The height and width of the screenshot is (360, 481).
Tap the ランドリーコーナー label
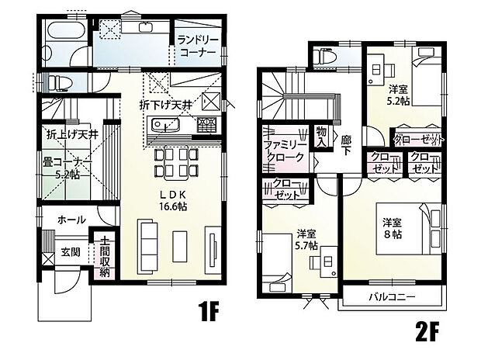point(198,46)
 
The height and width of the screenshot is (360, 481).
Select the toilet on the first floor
point(60,83)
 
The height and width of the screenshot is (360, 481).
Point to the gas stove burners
point(207,125)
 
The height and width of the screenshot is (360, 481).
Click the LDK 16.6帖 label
point(173,200)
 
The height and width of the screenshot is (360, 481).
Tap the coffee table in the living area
point(180,247)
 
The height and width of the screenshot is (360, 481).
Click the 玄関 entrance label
point(71,252)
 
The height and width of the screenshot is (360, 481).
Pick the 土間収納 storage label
point(104,256)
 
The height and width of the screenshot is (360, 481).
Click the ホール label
point(71,220)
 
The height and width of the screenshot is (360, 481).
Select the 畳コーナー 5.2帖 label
point(67,168)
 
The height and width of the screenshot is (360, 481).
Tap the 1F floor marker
point(209,311)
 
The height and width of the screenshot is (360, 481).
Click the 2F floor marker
point(427,331)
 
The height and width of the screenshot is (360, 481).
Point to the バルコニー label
point(392,297)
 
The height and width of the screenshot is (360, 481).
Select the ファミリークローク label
point(285,151)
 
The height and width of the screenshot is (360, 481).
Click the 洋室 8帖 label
point(392,228)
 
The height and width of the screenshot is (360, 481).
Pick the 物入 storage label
point(321,137)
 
